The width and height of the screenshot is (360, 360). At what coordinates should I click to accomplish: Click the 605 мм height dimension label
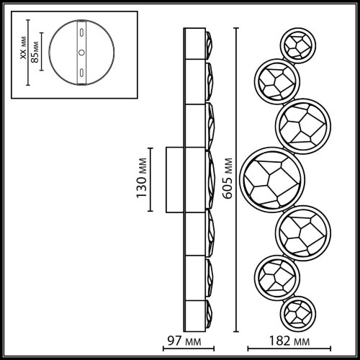(228, 179)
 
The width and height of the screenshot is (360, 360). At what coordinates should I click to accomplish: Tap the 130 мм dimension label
(142, 178)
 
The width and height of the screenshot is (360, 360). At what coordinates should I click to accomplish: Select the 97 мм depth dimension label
(184, 341)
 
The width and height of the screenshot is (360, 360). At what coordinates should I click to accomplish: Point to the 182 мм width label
(289, 341)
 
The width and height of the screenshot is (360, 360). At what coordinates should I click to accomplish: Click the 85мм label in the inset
(35, 52)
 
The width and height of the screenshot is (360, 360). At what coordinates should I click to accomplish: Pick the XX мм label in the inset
(23, 48)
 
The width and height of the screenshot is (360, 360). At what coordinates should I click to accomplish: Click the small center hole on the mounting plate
(82, 53)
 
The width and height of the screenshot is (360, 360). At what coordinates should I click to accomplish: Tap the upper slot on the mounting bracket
(82, 32)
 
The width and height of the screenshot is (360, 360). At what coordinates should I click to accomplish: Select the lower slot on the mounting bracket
(82, 72)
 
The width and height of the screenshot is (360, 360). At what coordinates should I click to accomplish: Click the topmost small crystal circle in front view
(298, 45)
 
